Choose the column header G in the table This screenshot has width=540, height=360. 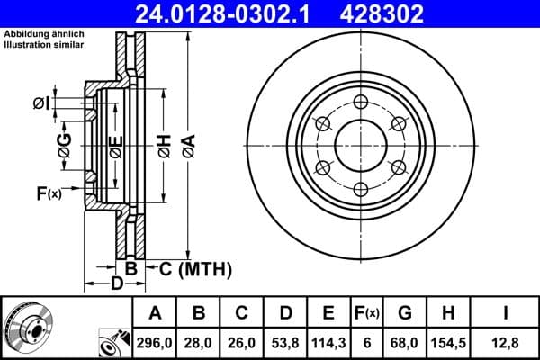pyautogui.click(x=405, y=313)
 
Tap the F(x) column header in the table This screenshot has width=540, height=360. pyautogui.click(x=366, y=313)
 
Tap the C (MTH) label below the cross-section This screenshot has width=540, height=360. pyautogui.click(x=195, y=268)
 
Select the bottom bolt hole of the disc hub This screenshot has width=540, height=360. pyautogui.click(x=361, y=188)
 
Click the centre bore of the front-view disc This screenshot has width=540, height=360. pyautogui.click(x=361, y=145)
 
